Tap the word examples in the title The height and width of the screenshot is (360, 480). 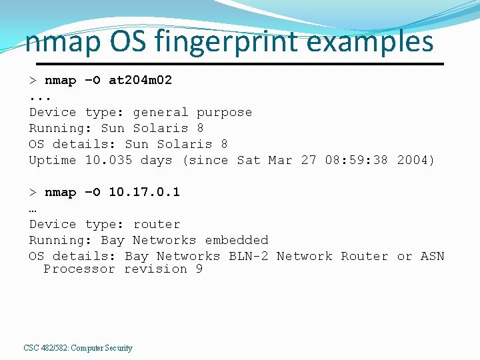(x=371, y=41)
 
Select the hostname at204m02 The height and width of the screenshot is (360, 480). (x=140, y=80)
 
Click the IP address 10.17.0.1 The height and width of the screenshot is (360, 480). (x=144, y=192)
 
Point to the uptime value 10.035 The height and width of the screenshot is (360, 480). (x=109, y=160)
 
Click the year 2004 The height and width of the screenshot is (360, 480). (x=415, y=160)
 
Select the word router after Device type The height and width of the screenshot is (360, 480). (x=157, y=224)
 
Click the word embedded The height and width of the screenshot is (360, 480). (x=237, y=240)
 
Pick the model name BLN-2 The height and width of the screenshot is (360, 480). (x=249, y=256)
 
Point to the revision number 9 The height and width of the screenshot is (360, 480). (x=199, y=269)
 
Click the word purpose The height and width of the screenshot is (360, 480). (x=224, y=112)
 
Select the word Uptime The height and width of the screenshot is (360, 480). (x=53, y=160)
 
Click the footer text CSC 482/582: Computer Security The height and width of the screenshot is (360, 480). (x=78, y=348)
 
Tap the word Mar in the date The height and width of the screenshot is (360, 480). (x=280, y=160)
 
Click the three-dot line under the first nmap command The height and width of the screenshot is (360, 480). (x=40, y=97)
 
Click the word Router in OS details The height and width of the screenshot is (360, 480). (x=364, y=256)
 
